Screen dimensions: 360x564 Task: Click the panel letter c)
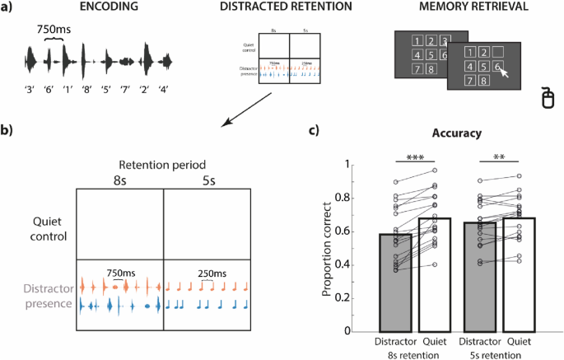(x=313, y=130)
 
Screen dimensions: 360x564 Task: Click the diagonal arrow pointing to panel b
(x=247, y=110)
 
